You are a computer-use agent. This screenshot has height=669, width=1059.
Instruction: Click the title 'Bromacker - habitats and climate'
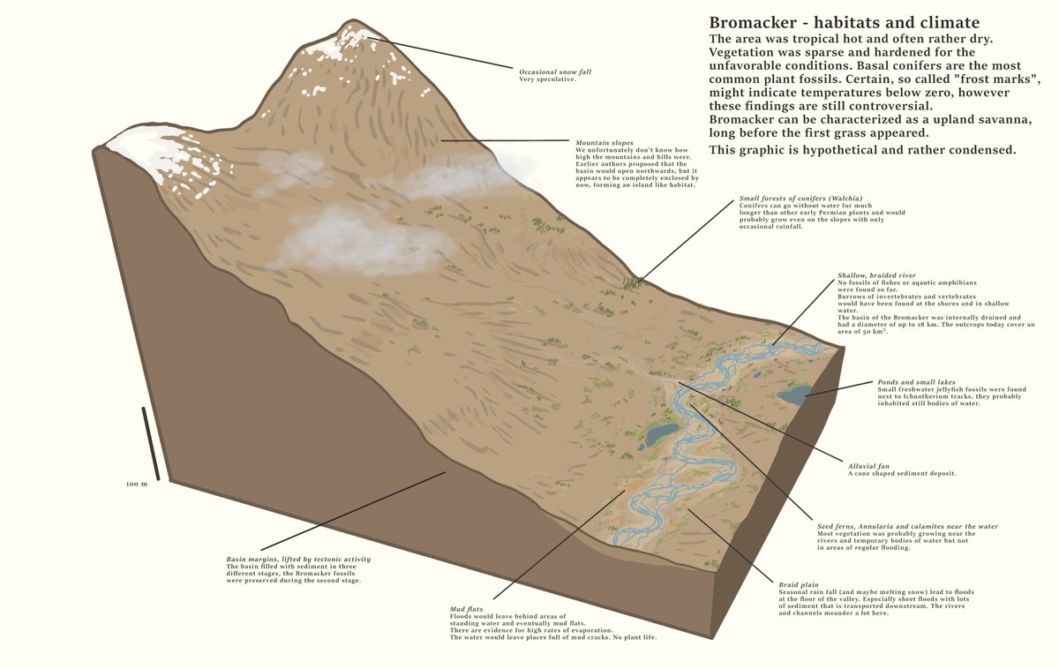(x=844, y=23)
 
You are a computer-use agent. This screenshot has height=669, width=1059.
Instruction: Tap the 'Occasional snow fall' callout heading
(x=554, y=71)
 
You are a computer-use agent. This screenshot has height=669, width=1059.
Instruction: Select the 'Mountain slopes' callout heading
(x=605, y=143)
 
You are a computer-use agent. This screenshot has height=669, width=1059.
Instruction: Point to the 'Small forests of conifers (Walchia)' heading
(x=800, y=199)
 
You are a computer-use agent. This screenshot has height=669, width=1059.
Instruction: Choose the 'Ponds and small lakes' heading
(x=916, y=382)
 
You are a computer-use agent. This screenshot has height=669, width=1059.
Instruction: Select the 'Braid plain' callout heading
(x=799, y=584)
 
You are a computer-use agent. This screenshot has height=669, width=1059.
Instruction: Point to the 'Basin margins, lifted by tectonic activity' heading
(x=298, y=559)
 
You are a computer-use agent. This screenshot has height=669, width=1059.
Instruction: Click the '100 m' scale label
(x=136, y=485)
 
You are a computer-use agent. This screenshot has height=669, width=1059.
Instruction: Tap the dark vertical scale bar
(x=150, y=443)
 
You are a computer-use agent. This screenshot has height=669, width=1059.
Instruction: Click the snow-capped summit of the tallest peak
(x=352, y=35)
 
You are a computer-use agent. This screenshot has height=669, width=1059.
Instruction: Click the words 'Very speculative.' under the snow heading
(x=547, y=79)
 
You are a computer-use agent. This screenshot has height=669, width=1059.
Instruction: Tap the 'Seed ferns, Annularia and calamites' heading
(x=907, y=526)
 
